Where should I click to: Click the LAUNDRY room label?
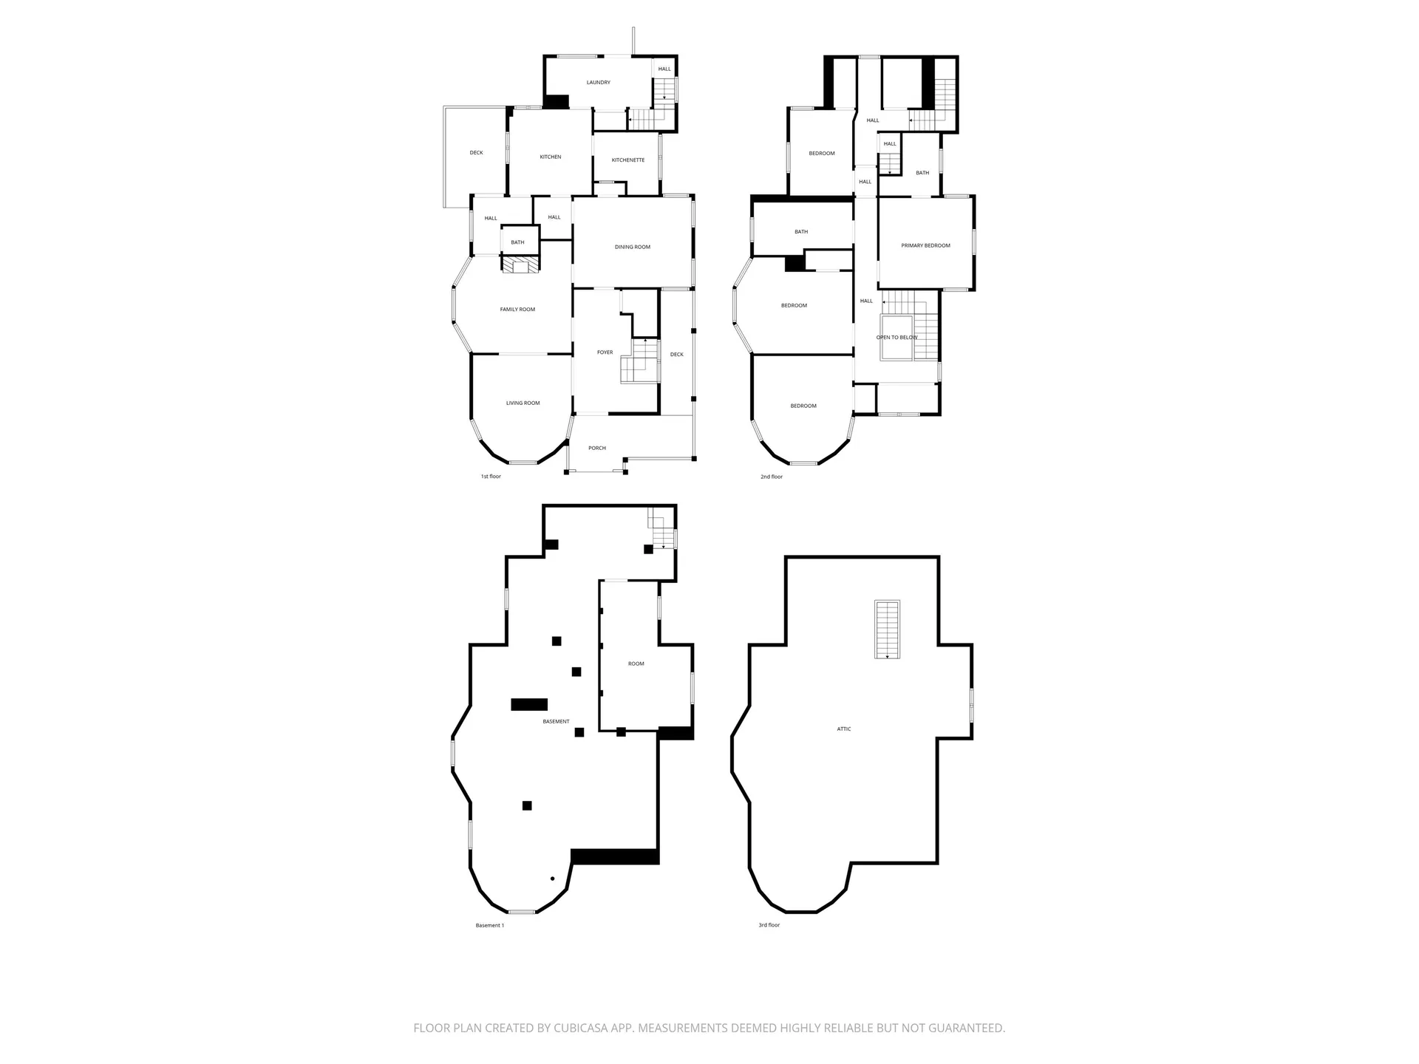click(x=598, y=83)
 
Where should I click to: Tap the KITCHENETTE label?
click(x=628, y=160)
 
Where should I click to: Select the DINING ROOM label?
click(x=633, y=247)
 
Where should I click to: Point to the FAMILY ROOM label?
click(x=517, y=310)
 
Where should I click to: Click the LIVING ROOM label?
click(x=523, y=403)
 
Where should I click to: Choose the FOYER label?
click(x=605, y=352)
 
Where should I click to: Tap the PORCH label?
click(x=597, y=449)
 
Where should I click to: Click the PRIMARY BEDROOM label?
click(x=925, y=245)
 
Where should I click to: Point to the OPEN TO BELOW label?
click(x=896, y=338)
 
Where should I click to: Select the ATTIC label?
click(x=843, y=729)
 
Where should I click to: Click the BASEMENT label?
click(x=556, y=722)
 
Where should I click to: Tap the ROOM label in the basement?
click(x=636, y=664)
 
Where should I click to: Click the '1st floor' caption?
click(x=491, y=477)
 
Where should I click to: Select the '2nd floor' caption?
click(x=771, y=477)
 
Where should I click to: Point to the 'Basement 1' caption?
click(x=489, y=925)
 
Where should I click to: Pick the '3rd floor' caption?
click(x=769, y=925)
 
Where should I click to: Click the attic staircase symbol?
click(x=887, y=630)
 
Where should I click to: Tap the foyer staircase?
click(x=640, y=362)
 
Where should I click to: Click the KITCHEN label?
click(x=550, y=157)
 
